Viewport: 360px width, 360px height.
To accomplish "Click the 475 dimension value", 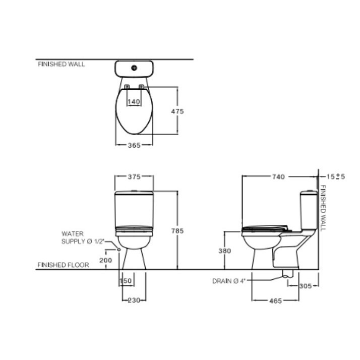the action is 177,111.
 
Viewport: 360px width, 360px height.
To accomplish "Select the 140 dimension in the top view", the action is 134,101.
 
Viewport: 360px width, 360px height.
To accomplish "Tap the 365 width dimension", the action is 134,145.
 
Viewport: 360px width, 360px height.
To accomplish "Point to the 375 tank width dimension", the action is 134,176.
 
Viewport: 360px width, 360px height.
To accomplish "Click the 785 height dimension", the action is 177,231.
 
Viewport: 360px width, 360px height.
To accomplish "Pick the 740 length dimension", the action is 278,177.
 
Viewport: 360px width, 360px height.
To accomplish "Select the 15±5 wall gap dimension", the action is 336,176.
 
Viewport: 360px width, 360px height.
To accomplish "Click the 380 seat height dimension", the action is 224,251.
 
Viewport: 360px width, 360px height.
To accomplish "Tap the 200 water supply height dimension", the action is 105,260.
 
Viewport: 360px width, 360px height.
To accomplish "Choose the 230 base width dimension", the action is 134,300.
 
